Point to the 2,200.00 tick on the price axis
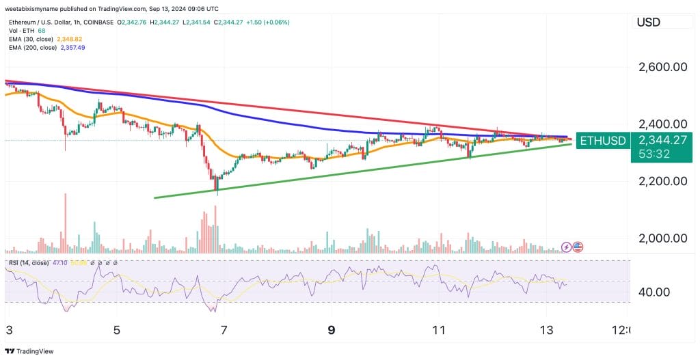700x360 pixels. [x=662, y=181]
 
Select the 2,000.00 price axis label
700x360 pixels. [x=662, y=238]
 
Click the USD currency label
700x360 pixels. [x=648, y=23]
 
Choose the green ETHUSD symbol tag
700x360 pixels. [x=602, y=141]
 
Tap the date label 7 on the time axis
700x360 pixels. [x=224, y=330]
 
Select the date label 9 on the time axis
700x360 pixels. [x=332, y=330]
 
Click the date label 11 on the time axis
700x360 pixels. [x=439, y=330]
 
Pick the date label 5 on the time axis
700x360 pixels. [x=117, y=330]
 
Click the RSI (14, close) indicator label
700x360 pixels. [x=29, y=262]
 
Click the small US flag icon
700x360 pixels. [x=578, y=247]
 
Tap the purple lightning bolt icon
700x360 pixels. [x=566, y=247]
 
